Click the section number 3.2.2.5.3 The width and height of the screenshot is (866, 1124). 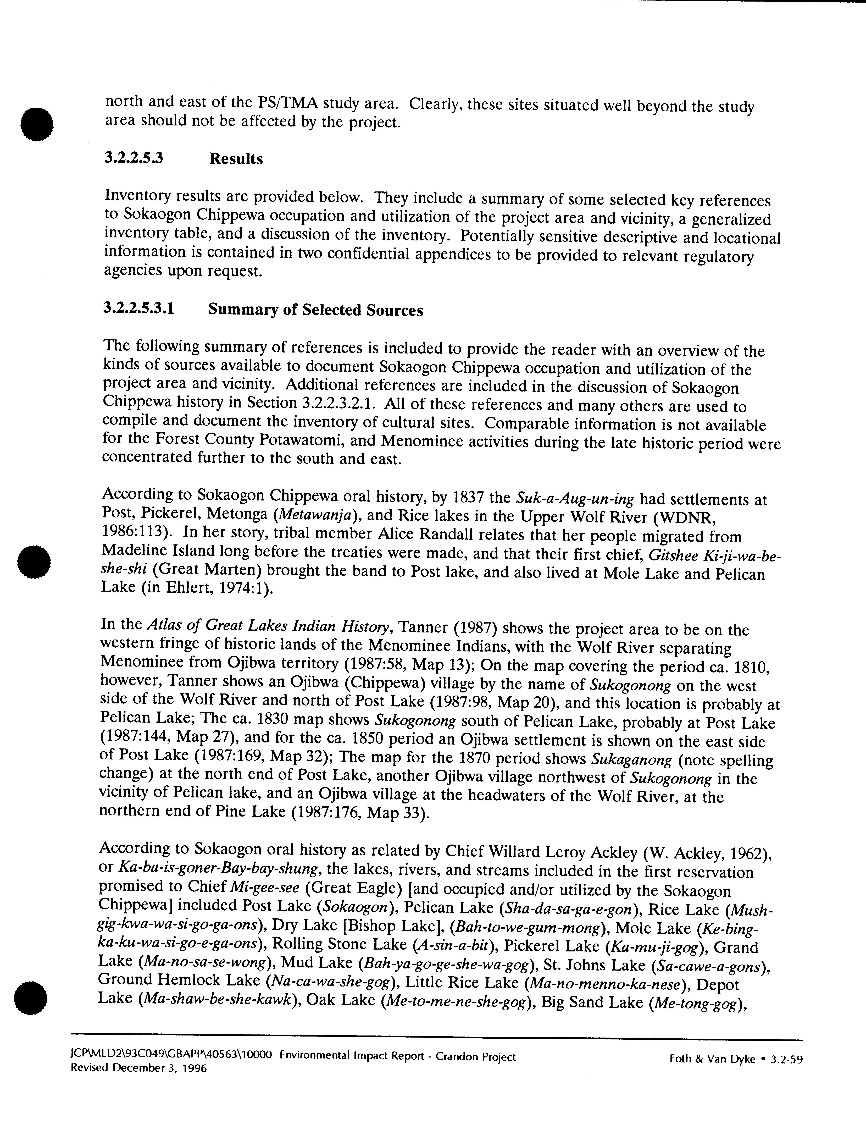(x=134, y=158)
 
